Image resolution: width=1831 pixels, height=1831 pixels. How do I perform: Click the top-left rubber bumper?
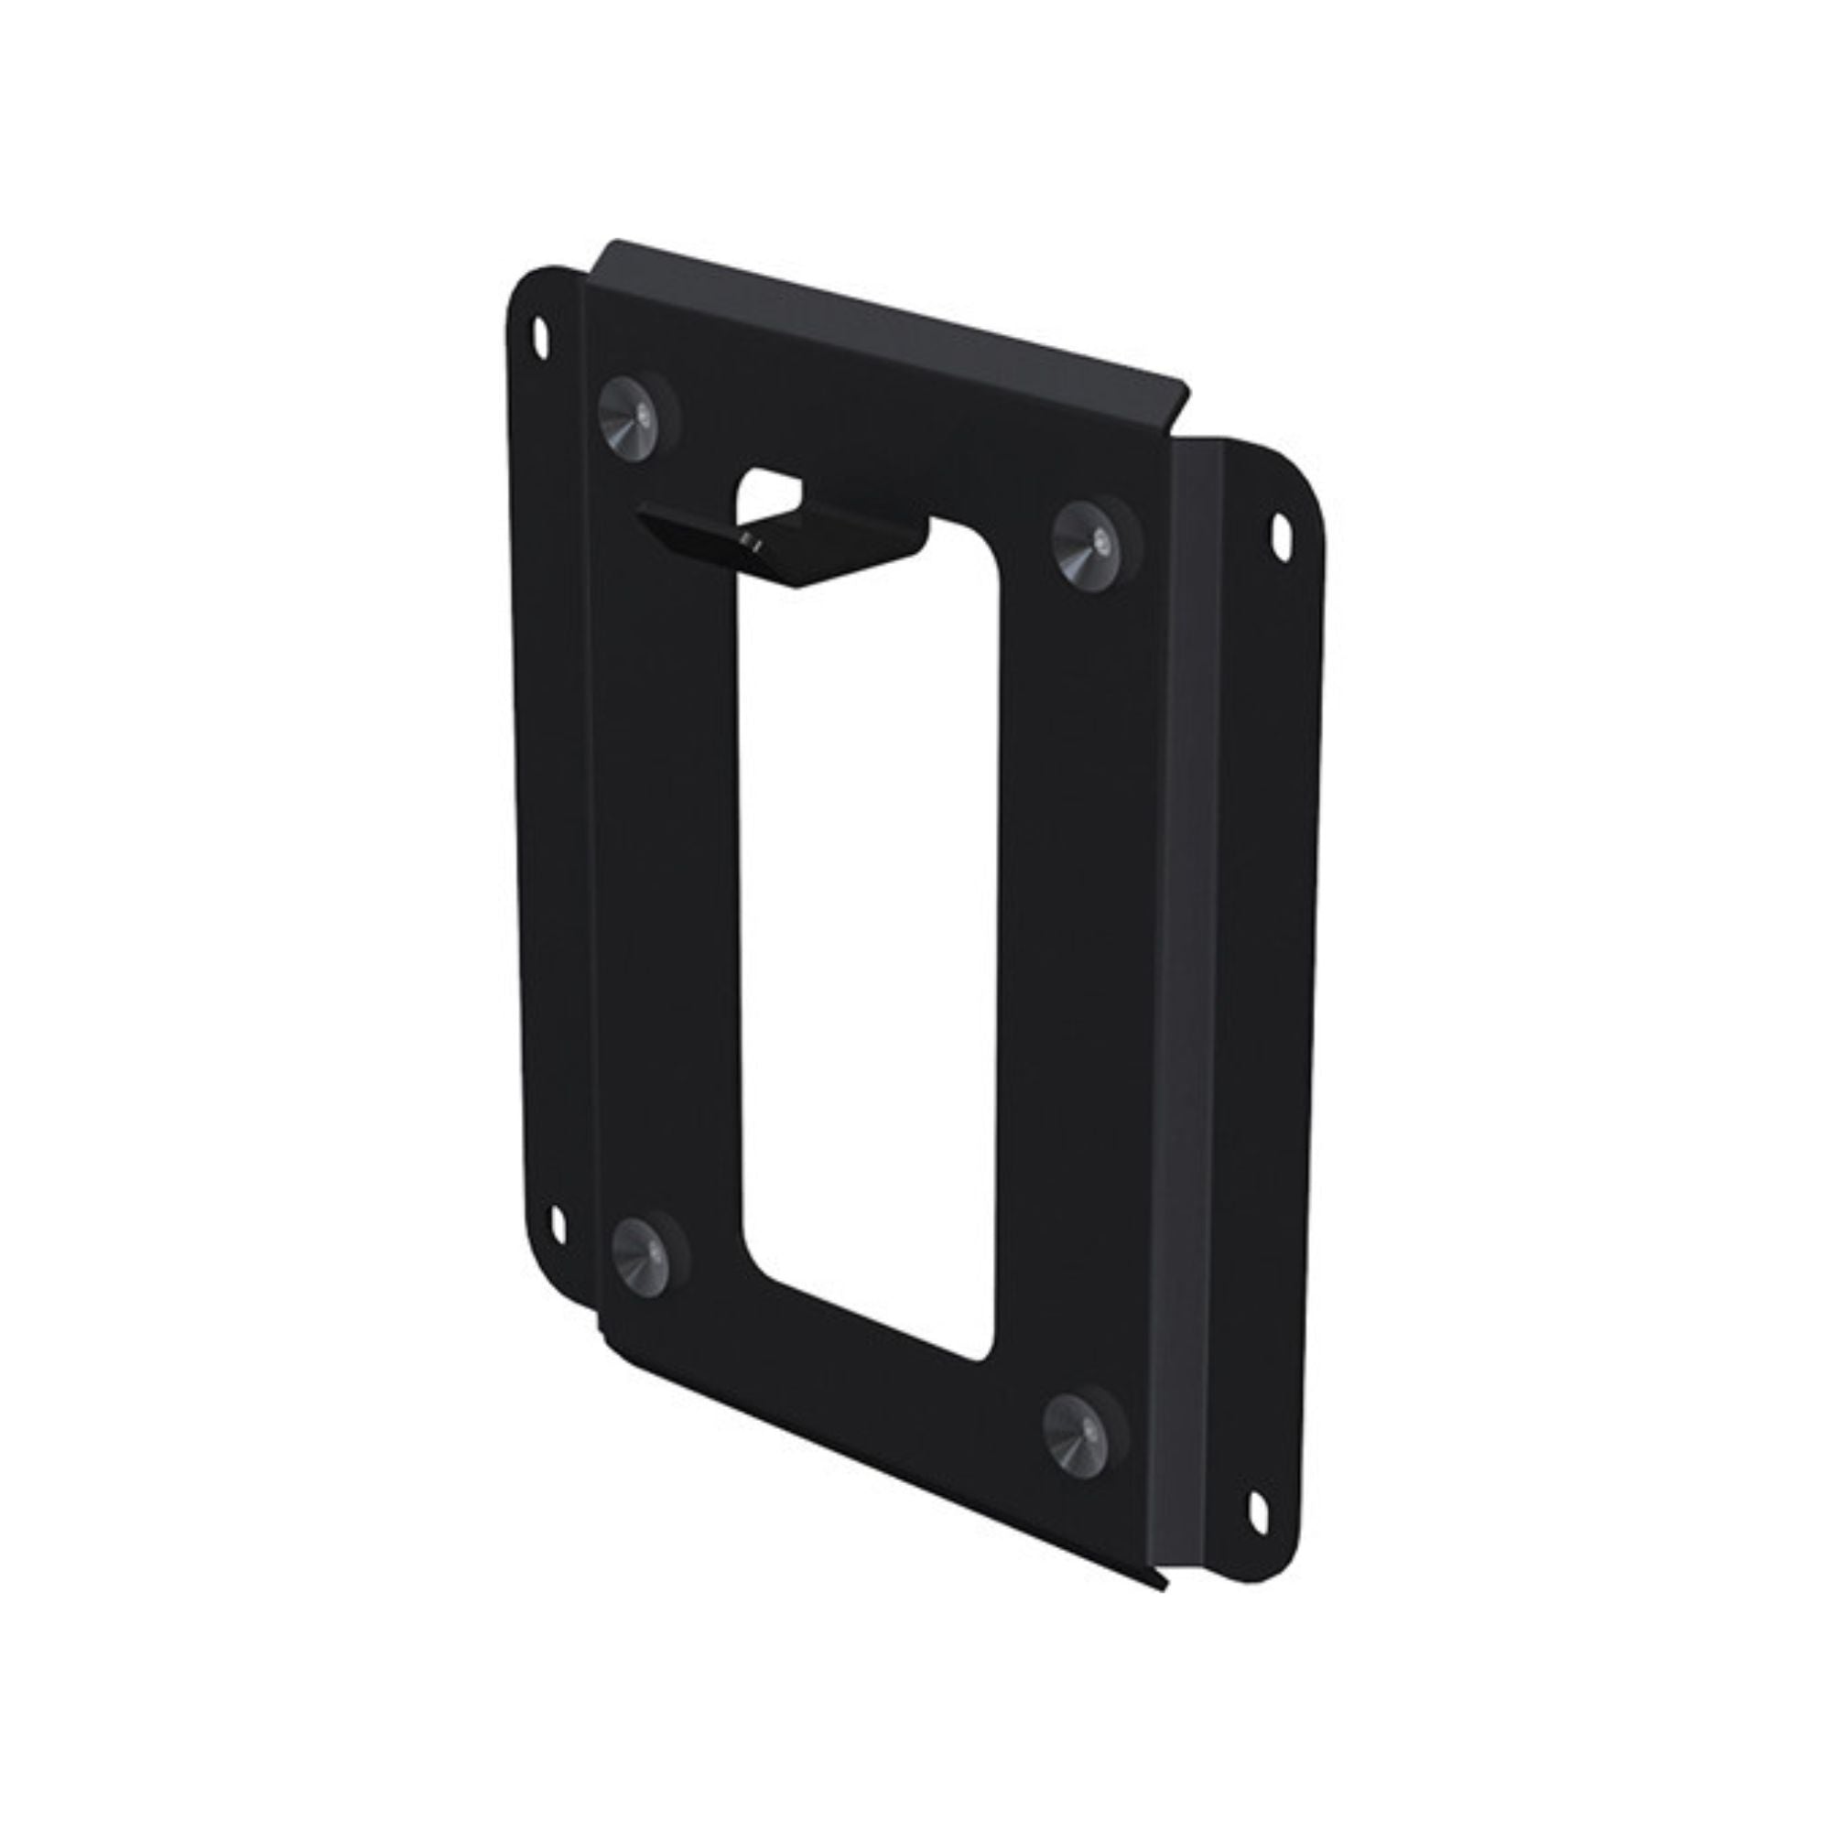629,419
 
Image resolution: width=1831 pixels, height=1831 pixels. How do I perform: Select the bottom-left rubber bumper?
642,1257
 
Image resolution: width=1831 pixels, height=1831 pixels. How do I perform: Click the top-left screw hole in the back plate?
541,336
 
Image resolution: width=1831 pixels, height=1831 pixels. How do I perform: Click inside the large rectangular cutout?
867,948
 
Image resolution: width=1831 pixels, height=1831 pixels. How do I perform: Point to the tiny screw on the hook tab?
750,542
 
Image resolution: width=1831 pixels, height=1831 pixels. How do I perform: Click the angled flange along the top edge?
882,313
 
